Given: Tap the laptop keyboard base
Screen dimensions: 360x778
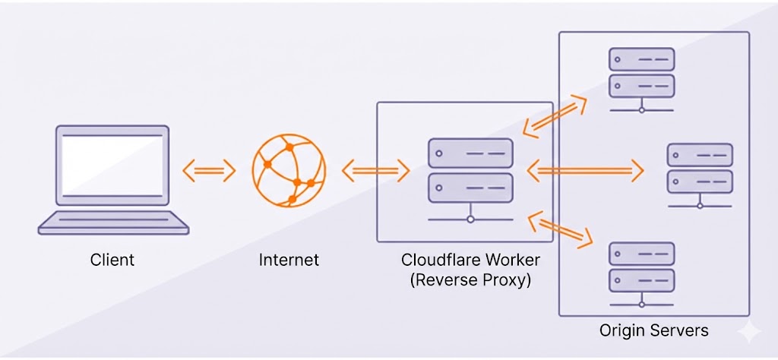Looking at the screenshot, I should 113,223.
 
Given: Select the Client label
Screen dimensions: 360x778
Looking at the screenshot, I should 112,260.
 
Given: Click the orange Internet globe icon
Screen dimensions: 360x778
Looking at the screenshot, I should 289,170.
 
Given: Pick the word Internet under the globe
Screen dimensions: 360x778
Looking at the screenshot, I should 289,260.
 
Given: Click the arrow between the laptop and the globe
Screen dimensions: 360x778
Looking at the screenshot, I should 209,171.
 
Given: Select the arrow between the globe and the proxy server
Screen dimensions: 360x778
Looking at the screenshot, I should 370,171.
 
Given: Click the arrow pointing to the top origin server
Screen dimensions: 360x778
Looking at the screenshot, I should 555,114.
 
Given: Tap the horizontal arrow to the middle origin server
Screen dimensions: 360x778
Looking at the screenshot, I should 585,171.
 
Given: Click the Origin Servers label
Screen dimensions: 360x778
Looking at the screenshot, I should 654,330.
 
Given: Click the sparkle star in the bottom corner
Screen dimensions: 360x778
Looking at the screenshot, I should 748,332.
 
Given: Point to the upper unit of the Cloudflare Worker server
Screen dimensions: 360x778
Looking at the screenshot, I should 466,153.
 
